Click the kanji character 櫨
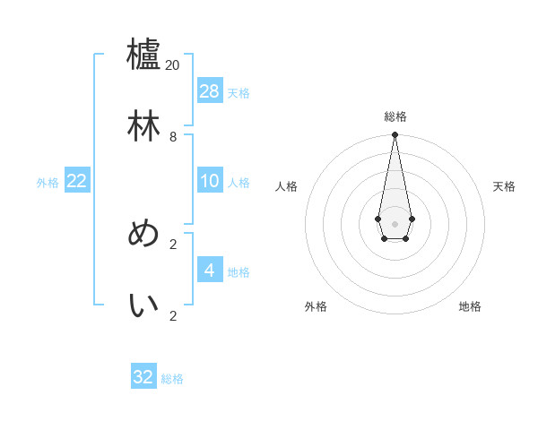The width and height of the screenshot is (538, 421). [143, 54]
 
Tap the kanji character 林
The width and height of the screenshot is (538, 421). [143, 126]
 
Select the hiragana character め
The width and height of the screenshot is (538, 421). [143, 234]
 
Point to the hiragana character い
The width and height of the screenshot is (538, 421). [143, 305]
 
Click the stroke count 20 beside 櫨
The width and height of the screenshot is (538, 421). [173, 64]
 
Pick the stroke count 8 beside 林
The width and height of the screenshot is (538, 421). [173, 137]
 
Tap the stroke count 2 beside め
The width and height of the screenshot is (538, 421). [173, 244]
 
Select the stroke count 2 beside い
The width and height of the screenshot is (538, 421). [173, 316]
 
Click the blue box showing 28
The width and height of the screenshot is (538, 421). [210, 90]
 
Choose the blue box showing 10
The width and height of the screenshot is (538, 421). [210, 180]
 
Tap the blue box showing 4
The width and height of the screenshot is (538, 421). [210, 270]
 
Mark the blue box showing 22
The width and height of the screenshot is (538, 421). [77, 180]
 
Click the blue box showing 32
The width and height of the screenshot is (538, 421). [143, 377]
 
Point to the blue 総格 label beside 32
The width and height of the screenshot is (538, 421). [172, 379]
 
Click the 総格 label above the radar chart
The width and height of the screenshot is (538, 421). [395, 116]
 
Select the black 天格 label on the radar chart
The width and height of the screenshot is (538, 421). [504, 186]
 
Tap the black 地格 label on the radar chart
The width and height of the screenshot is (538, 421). [470, 306]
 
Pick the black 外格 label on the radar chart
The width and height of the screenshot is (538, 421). [316, 306]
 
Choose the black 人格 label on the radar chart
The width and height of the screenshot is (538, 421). [286, 186]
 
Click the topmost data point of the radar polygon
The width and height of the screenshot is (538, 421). [395, 135]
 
